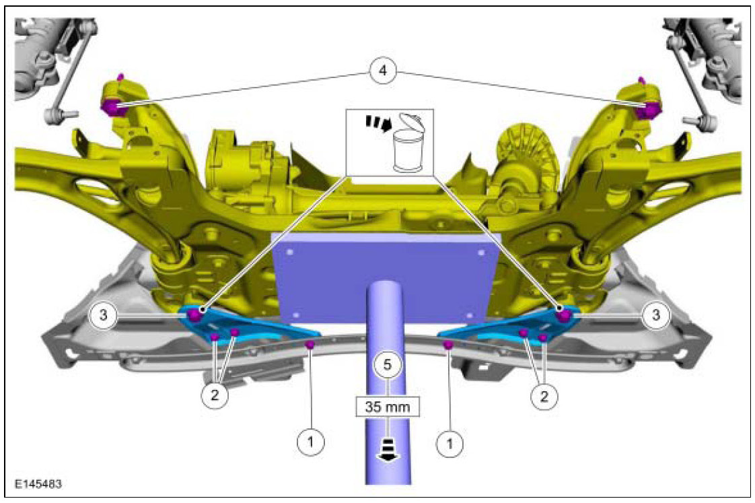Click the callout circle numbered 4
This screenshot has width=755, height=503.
[382, 71]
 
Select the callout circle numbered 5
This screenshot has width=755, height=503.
[388, 365]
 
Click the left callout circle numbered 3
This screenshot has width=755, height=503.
[104, 316]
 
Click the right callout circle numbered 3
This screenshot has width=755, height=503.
[656, 315]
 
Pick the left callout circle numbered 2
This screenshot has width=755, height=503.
[215, 395]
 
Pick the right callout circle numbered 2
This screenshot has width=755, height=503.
[544, 397]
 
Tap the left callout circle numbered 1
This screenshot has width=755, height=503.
[310, 441]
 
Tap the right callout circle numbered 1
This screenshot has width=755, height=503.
[450, 442]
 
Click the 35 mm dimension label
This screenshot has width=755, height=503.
[388, 407]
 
